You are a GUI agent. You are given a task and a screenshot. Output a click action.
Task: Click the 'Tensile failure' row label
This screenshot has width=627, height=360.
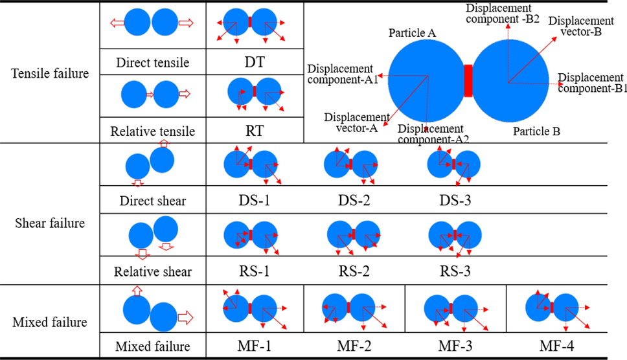click(x=50, y=73)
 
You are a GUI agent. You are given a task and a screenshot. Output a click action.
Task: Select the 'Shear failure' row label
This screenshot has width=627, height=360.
click(x=50, y=223)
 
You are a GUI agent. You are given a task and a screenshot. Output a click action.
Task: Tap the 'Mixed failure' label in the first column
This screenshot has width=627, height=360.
click(x=50, y=321)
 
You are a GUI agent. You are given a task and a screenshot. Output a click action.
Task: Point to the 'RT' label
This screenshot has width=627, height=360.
click(x=254, y=131)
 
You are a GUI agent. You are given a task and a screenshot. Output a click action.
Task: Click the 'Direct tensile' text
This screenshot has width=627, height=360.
click(x=153, y=63)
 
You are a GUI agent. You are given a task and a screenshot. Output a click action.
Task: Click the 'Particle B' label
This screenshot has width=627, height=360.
click(x=536, y=131)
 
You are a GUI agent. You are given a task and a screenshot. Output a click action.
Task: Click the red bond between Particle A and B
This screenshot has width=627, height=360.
click(x=468, y=81)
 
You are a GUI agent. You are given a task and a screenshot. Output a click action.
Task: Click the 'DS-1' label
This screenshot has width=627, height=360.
click(x=254, y=200)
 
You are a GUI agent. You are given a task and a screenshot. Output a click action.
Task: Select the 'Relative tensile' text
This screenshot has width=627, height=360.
click(x=153, y=131)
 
